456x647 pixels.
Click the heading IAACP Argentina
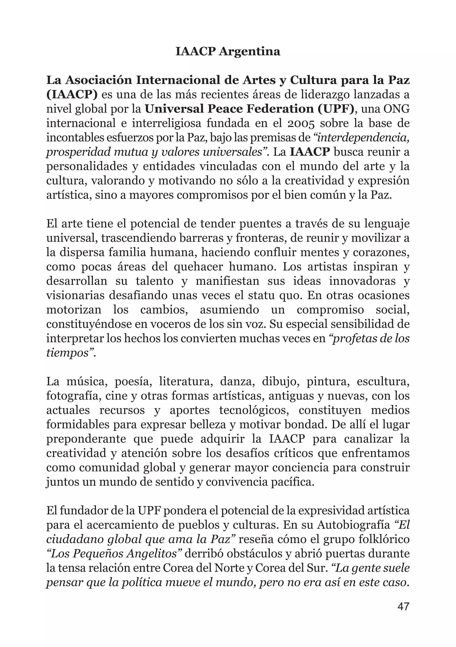228,52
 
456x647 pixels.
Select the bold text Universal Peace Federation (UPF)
249,109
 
